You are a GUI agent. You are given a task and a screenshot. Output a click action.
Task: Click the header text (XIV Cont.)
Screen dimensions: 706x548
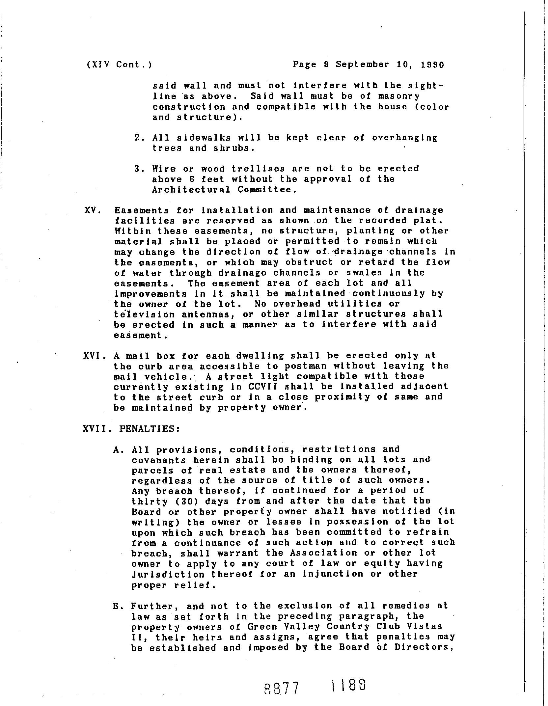pyautogui.click(x=119, y=65)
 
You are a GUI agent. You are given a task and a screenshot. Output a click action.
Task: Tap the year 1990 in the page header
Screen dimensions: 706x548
pyautogui.click(x=432, y=65)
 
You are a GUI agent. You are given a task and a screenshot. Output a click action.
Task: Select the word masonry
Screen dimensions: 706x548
pyautogui.click(x=398, y=96)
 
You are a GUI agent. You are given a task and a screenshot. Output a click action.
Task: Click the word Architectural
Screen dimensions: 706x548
pyautogui.click(x=191, y=190)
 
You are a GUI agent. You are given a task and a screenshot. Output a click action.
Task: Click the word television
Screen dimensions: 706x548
pyautogui.click(x=144, y=314)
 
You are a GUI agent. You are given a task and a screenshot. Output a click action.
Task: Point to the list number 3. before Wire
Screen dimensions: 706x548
pyautogui.click(x=138, y=169)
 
